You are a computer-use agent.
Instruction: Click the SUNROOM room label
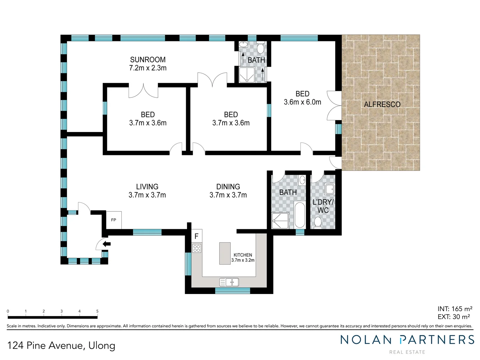(x=148, y=60)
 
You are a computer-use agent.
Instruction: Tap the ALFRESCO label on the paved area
(x=382, y=104)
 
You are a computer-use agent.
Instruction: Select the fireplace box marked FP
(x=114, y=220)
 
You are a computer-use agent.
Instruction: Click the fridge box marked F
(x=196, y=236)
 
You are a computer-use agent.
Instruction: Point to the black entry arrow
(x=107, y=244)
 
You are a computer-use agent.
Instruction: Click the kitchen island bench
(x=225, y=253)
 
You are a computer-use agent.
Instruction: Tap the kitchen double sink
(x=229, y=282)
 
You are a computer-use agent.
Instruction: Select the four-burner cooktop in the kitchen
(x=197, y=248)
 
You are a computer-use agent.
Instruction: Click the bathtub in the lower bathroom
(x=300, y=215)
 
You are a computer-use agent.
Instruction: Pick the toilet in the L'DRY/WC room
(x=318, y=223)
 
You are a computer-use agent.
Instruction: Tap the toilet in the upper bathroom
(x=260, y=49)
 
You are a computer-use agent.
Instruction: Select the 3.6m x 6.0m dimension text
(x=302, y=102)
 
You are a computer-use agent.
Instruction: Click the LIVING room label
(x=147, y=187)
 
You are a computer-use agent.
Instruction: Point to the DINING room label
(x=228, y=187)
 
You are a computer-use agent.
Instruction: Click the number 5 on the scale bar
(x=97, y=311)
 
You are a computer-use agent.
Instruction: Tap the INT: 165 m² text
(x=455, y=309)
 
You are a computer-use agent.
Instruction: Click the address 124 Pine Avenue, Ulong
(x=61, y=345)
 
